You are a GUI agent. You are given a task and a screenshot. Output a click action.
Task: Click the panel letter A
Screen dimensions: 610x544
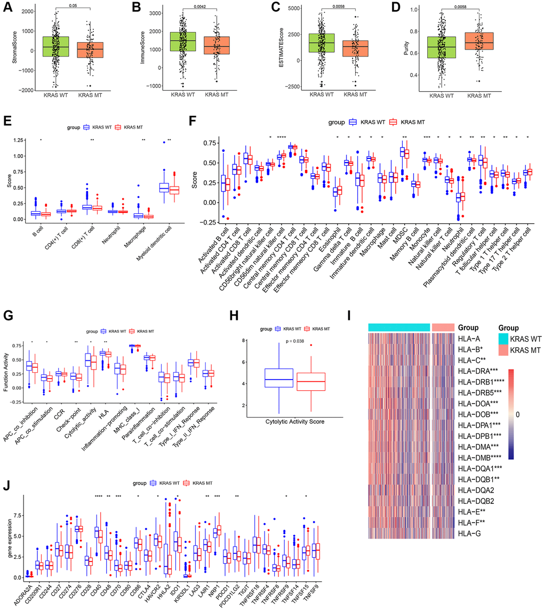(7, 7)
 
